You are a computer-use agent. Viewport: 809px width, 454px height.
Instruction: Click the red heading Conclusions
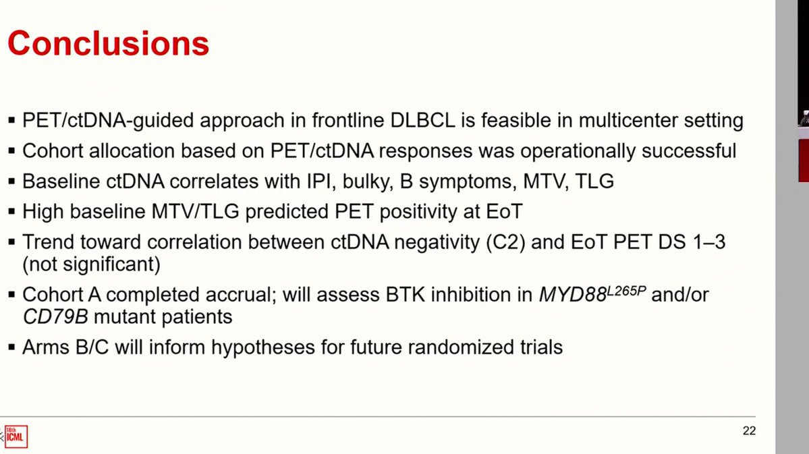[x=109, y=43]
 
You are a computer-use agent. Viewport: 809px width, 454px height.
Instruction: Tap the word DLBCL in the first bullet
[x=423, y=121]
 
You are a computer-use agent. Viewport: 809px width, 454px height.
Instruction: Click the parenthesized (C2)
[x=505, y=242]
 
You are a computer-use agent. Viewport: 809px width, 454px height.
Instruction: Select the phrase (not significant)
[x=91, y=264]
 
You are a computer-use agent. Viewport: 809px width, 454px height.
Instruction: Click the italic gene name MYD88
[x=572, y=295]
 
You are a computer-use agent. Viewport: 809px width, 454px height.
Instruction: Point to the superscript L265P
[x=626, y=291]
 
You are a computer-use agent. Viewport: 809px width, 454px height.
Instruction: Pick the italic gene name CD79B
[x=55, y=317]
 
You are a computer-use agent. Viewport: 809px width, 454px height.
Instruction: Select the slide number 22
[x=749, y=431]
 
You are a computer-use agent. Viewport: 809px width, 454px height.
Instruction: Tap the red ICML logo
[x=16, y=436]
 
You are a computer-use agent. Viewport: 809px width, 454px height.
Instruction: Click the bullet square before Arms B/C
[x=11, y=347]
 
